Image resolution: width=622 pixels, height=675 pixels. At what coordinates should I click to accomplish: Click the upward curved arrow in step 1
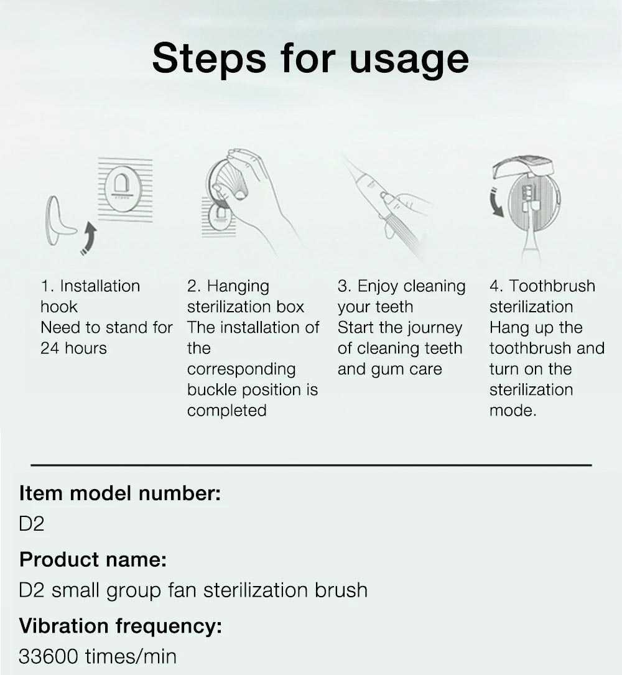click(90, 240)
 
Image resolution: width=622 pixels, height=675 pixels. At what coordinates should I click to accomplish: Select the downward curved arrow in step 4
click(497, 199)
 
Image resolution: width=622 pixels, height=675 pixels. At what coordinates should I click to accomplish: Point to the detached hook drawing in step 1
click(58, 220)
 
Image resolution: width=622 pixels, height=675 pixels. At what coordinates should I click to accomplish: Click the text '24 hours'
click(73, 348)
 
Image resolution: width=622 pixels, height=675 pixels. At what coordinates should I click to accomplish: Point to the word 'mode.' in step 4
click(513, 411)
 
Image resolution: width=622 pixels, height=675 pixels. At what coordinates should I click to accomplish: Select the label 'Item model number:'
click(120, 493)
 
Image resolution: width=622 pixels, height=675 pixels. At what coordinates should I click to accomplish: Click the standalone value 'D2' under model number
click(32, 524)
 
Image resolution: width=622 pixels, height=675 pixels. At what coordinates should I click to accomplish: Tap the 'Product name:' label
click(93, 559)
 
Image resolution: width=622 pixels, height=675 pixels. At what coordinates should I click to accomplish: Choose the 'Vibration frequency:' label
click(120, 625)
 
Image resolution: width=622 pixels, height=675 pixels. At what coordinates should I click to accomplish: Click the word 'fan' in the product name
click(182, 590)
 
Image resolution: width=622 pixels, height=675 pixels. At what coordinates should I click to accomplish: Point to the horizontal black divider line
click(311, 464)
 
